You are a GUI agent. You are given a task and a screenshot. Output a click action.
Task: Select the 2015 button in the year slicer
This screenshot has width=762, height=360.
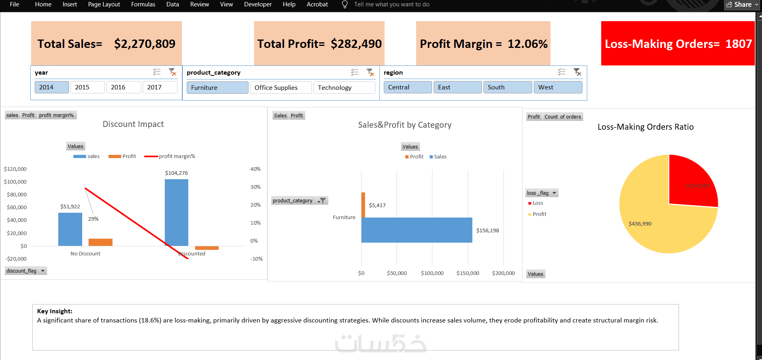[87, 87]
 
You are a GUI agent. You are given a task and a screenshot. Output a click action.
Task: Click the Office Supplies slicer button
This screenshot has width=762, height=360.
[280, 88]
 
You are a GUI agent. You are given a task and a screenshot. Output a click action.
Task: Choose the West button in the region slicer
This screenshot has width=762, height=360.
[558, 87]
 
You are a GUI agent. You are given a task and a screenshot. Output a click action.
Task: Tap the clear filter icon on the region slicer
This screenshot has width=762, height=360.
[577, 72]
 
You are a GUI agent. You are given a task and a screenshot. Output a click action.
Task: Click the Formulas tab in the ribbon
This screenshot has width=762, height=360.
[143, 4]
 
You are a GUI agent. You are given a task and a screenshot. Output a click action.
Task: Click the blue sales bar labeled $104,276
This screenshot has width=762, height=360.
[176, 212]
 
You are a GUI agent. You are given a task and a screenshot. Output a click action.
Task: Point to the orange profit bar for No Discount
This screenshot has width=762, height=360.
[101, 242]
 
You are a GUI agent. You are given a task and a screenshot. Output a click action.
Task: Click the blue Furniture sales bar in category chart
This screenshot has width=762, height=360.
[417, 230]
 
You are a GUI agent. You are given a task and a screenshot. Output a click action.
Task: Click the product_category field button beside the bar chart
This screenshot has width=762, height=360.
[299, 201]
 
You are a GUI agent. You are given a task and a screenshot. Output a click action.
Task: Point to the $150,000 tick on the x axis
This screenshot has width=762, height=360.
[468, 273]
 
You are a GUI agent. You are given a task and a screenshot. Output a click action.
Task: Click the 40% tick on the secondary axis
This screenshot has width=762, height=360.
[255, 169]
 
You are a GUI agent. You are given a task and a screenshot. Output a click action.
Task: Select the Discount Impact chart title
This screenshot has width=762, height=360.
[133, 124]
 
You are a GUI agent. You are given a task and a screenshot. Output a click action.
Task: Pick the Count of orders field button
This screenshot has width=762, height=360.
[563, 117]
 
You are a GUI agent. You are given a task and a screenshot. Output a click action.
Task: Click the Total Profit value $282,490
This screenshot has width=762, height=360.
[356, 44]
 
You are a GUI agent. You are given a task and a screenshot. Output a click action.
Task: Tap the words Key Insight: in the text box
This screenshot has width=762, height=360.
[55, 311]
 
